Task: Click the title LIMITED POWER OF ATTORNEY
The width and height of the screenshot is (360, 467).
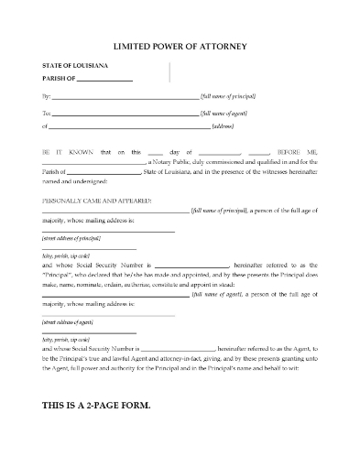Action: click(179, 46)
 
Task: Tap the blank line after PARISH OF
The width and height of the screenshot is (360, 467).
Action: click(105, 80)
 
